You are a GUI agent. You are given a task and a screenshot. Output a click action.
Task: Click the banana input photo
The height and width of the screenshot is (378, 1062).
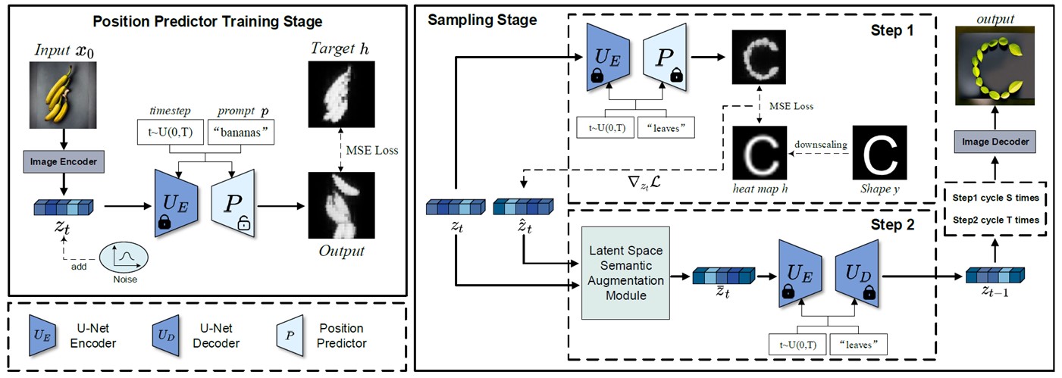[x=64, y=92]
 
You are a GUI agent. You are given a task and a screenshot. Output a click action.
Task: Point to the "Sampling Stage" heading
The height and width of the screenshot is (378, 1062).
[x=482, y=20]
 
